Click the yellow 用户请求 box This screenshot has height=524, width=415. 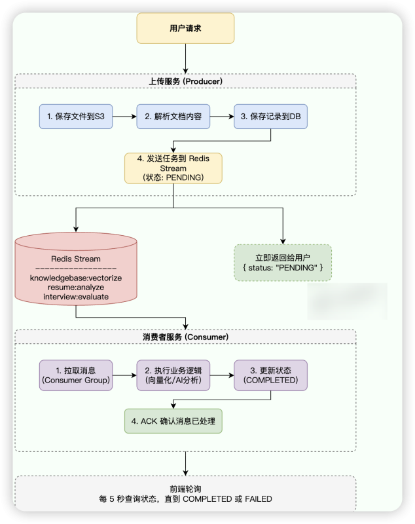(x=185, y=29)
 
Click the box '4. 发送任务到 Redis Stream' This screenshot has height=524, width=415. (x=173, y=168)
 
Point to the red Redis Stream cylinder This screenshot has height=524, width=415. (x=76, y=269)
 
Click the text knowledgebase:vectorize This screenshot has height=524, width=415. (x=76, y=278)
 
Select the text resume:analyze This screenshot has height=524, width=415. (x=76, y=288)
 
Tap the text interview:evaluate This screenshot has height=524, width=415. (x=76, y=297)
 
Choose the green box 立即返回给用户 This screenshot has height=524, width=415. (x=283, y=263)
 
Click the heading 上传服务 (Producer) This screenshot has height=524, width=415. (x=186, y=81)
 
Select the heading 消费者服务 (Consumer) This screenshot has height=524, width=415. (x=186, y=337)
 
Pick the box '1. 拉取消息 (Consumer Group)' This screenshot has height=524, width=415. (x=76, y=375)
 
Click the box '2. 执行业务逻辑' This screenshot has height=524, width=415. (x=173, y=375)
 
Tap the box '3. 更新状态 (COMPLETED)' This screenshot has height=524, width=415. (x=271, y=375)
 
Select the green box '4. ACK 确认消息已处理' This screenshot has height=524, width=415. (x=173, y=421)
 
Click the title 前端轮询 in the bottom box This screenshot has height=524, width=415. (x=186, y=489)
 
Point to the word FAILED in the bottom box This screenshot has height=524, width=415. (x=258, y=499)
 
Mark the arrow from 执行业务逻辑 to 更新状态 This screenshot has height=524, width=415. (x=222, y=375)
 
